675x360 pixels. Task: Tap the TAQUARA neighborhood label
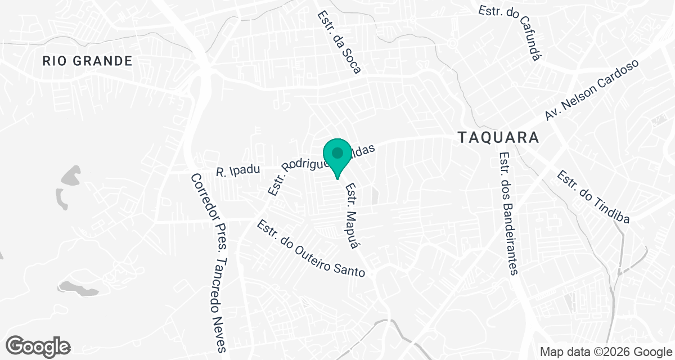(x=498, y=137)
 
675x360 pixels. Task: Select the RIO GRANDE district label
(x=87, y=61)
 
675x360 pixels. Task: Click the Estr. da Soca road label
(x=339, y=43)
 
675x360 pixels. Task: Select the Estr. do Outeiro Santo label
(x=311, y=249)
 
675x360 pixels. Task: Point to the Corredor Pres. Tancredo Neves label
(x=209, y=262)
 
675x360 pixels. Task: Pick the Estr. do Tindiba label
(x=592, y=197)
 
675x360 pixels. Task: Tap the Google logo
(x=38, y=346)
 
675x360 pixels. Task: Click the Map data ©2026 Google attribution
(x=605, y=352)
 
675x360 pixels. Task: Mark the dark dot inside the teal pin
(x=337, y=152)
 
